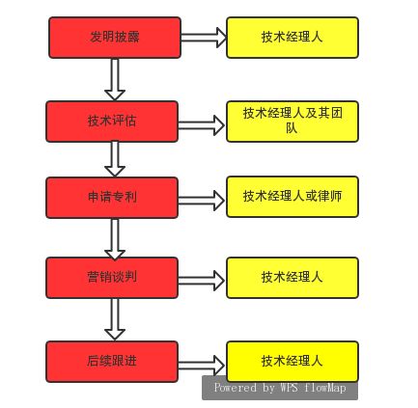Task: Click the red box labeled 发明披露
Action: (114, 38)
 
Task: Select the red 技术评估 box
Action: (112, 122)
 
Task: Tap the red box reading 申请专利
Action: (112, 197)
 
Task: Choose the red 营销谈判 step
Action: (112, 278)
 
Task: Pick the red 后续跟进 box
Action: (112, 362)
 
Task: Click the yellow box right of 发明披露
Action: (292, 38)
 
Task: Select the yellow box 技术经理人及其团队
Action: (292, 121)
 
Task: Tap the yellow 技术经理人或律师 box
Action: (292, 197)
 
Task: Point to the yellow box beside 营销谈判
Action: (292, 278)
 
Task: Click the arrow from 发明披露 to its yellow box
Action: (203, 38)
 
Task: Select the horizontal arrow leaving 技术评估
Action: (202, 125)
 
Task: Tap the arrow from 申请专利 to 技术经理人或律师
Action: (202, 201)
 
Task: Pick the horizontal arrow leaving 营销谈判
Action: (202, 281)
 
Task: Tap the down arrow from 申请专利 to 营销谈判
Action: (115, 237)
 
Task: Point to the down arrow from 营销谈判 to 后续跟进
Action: (115, 318)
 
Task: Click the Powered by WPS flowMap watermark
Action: (280, 388)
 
